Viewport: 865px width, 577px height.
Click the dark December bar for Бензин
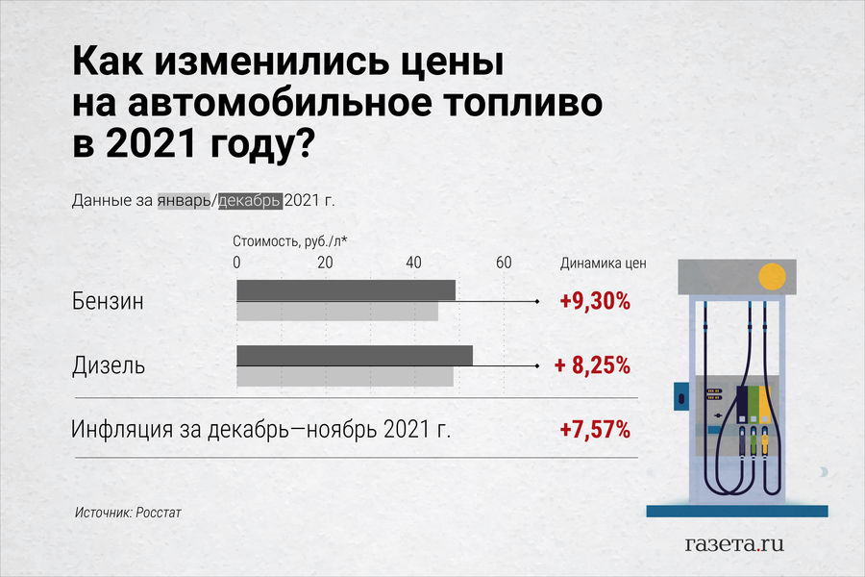(x=346, y=290)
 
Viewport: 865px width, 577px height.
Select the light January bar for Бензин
(x=337, y=311)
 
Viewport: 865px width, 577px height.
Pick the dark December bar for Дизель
(x=355, y=356)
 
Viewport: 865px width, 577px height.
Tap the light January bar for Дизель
(x=345, y=376)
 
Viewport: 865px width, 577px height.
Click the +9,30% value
(x=595, y=301)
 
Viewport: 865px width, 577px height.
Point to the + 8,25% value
(x=592, y=365)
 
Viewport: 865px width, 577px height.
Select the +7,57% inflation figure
(x=595, y=430)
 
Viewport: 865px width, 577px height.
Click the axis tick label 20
(x=325, y=263)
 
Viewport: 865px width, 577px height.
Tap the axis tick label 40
(x=413, y=263)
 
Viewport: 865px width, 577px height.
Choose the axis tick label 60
(x=504, y=263)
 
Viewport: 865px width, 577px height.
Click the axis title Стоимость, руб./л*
(x=289, y=241)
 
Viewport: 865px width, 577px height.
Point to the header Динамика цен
(x=603, y=263)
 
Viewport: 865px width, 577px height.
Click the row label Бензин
(x=108, y=301)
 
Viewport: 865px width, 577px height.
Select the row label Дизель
(x=108, y=365)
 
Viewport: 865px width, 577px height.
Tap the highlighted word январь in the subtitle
(x=185, y=200)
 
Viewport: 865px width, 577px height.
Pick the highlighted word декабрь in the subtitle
(x=250, y=200)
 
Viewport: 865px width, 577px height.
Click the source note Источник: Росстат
(x=128, y=513)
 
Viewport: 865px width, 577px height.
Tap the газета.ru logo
(x=734, y=544)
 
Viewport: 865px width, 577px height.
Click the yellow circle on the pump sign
(x=772, y=277)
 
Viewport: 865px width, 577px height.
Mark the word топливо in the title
(x=524, y=102)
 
